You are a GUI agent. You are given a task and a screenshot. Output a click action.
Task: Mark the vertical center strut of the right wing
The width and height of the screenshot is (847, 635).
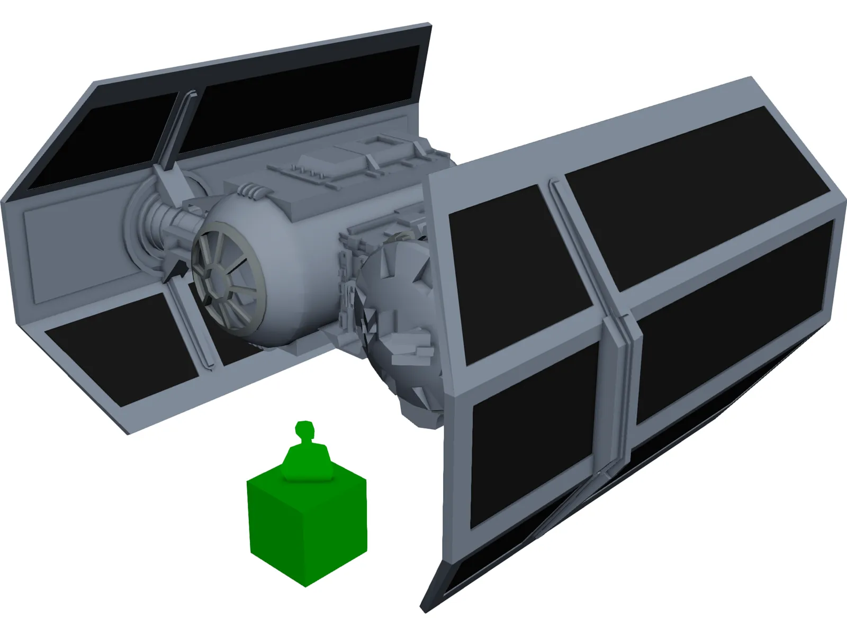[614, 392]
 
